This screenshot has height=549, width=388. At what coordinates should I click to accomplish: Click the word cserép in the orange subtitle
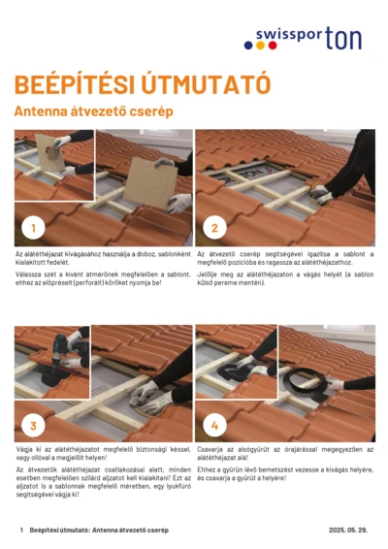(x=152, y=113)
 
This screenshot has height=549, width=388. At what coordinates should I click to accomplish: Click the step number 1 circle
(x=34, y=229)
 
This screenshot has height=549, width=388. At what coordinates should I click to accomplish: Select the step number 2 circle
(x=215, y=229)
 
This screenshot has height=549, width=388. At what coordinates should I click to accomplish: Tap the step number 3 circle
(x=34, y=425)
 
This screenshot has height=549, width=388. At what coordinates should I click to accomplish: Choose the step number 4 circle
(x=215, y=425)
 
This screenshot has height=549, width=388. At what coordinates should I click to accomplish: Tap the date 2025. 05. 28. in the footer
(x=347, y=531)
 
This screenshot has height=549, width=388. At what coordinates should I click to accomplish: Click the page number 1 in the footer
(x=21, y=531)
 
